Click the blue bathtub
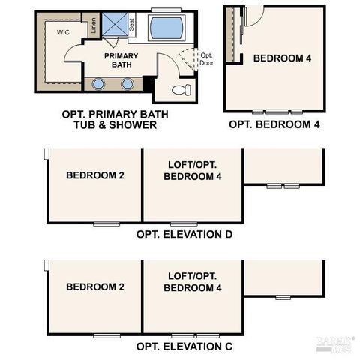(x=170, y=28)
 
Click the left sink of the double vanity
(x=100, y=83)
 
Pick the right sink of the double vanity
(x=127, y=83)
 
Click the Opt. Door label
(x=205, y=58)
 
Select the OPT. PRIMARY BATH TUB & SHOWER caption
(x=115, y=119)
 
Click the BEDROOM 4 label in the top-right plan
(x=282, y=58)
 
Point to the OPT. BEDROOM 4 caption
(x=274, y=124)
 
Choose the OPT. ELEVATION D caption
(x=184, y=234)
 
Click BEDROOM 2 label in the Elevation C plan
(x=94, y=286)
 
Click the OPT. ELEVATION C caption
(x=184, y=346)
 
